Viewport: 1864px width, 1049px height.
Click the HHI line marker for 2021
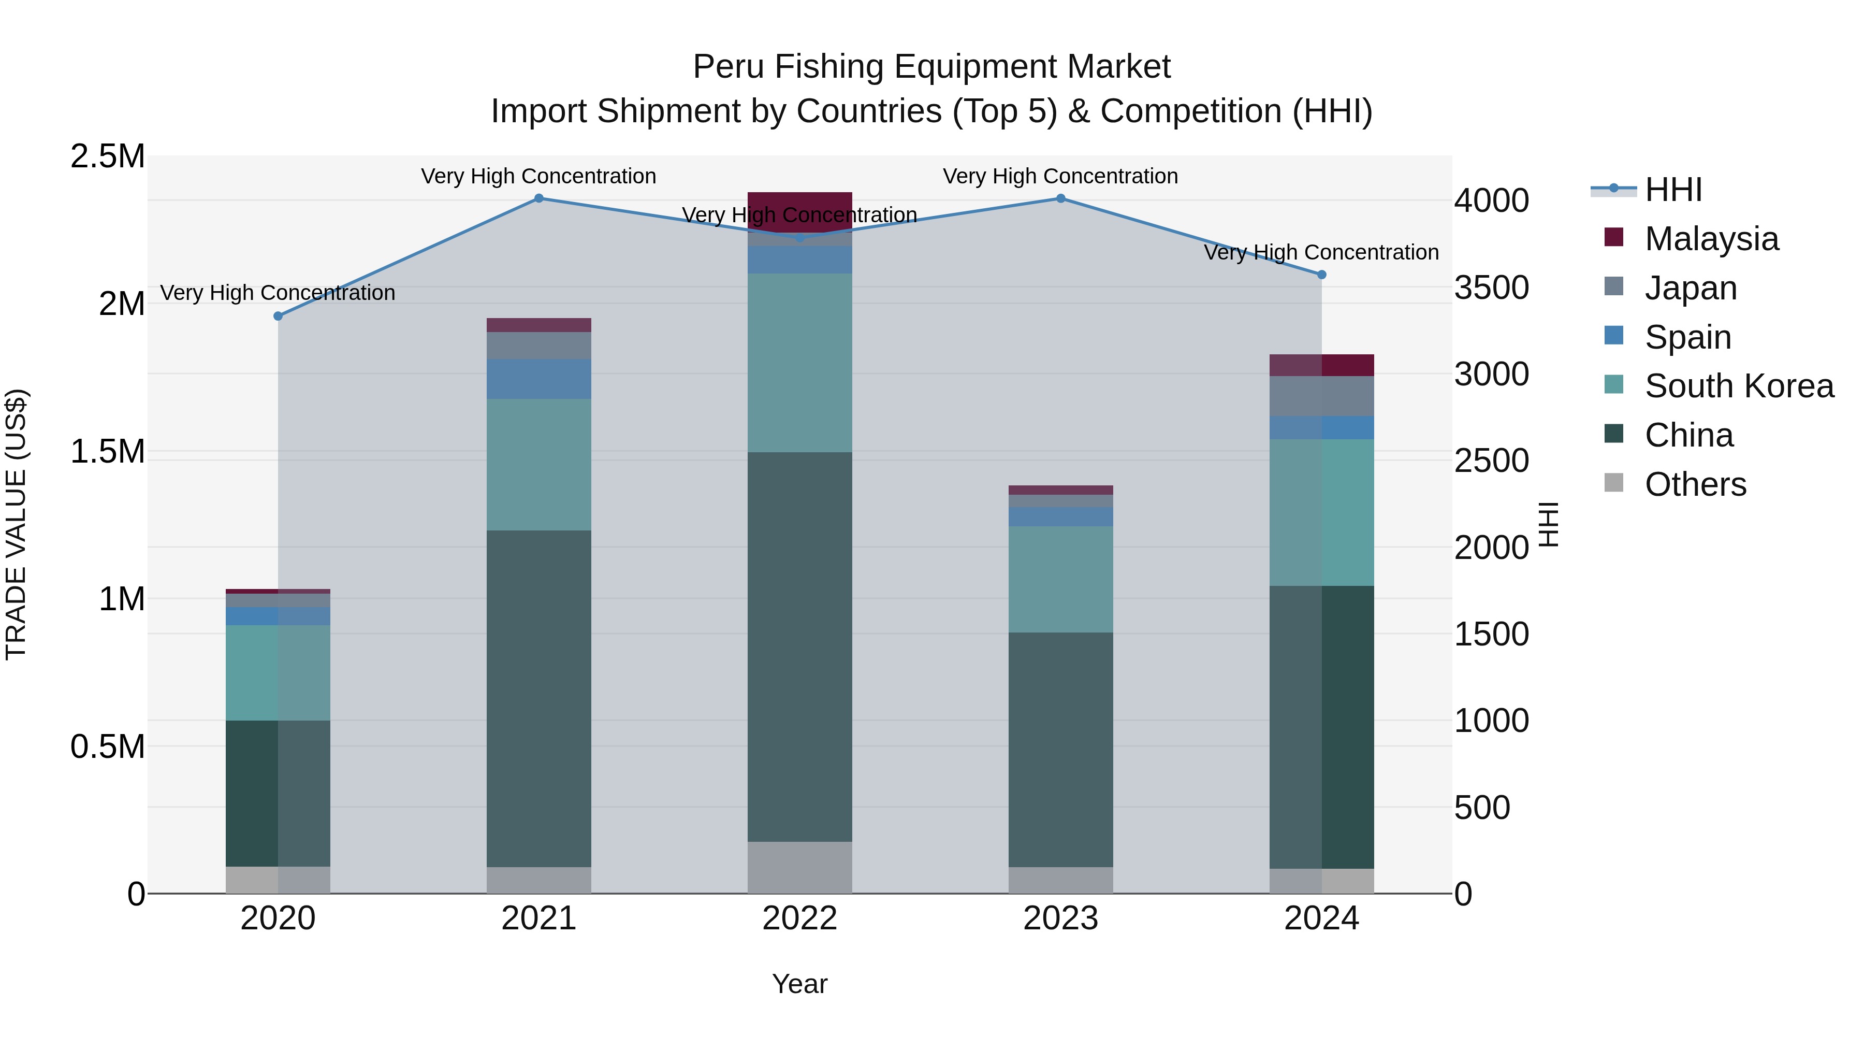[538, 198]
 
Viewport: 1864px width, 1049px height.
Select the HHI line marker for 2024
[1321, 275]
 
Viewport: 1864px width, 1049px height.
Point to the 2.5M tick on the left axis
[107, 156]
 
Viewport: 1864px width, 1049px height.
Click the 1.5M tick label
[107, 452]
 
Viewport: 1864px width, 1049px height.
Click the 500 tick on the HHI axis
[1482, 807]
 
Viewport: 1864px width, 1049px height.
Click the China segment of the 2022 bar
[799, 646]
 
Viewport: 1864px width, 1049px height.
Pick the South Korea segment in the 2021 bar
[538, 464]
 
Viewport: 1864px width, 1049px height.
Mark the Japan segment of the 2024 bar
[1321, 396]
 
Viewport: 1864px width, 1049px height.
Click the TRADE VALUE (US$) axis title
[16, 524]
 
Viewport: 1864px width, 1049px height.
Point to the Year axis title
[799, 984]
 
